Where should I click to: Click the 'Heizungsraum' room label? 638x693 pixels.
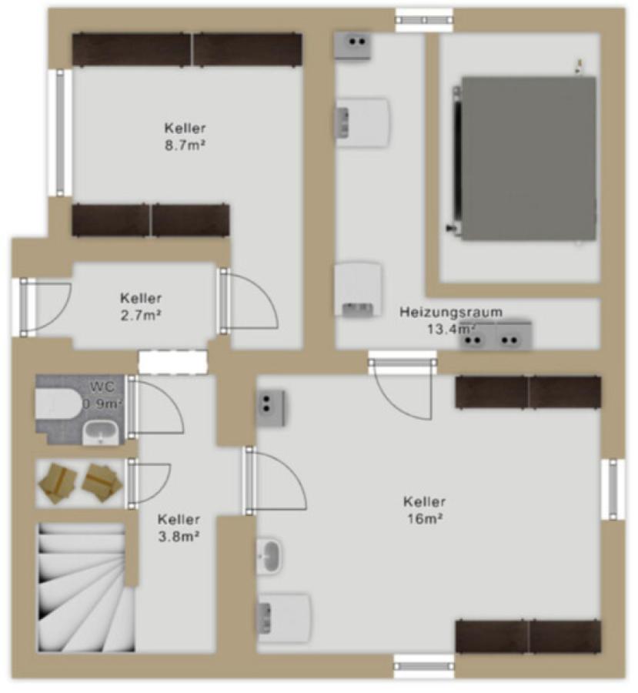click(451, 312)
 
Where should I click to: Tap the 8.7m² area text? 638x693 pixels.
click(185, 145)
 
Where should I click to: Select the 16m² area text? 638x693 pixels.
click(425, 518)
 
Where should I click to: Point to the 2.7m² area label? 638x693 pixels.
click(141, 315)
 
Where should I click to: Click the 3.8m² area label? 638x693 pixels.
click(179, 536)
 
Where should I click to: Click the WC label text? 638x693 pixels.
click(102, 387)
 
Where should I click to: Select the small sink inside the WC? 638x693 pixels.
click(101, 432)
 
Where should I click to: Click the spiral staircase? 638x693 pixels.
click(85, 587)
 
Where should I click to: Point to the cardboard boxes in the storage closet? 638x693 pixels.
click(79, 483)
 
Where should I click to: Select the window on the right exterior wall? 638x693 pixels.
click(613, 489)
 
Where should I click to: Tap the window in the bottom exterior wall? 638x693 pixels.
click(424, 666)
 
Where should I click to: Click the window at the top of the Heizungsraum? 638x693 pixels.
click(424, 20)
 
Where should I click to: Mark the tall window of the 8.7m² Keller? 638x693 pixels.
click(60, 132)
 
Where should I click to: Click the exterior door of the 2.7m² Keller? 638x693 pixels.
click(44, 307)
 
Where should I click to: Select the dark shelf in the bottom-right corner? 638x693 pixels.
click(528, 637)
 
